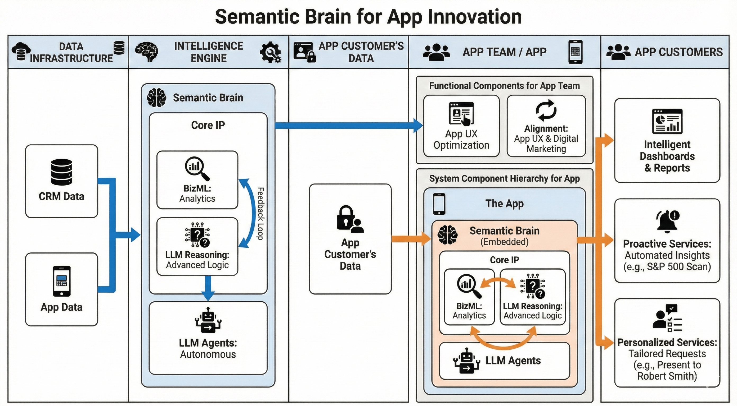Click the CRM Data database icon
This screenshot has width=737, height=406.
point(61,172)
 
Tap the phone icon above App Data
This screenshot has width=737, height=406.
point(61,281)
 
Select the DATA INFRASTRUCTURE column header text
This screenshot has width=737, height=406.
point(71,52)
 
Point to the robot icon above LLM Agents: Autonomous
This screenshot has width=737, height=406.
point(208,320)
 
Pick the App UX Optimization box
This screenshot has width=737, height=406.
point(461,126)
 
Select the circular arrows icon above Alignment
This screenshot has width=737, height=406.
point(546,110)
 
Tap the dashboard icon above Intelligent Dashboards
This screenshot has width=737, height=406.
point(667,121)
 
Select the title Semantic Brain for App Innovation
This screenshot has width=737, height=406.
point(368,17)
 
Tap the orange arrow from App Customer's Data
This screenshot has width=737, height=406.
point(411,239)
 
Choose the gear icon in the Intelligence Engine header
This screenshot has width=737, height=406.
point(270,52)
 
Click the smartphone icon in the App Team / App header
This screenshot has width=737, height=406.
point(575,52)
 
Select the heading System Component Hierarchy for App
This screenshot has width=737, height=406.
point(504,179)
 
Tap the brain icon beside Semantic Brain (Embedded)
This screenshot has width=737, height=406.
point(448,235)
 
